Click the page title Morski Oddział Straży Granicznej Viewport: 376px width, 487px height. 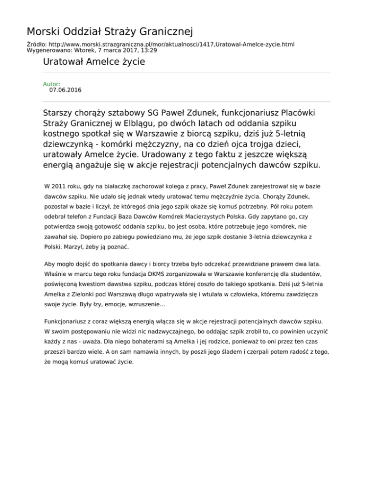pyautogui.click(x=110, y=32)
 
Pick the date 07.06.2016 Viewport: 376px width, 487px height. pyautogui.click(x=65, y=90)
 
